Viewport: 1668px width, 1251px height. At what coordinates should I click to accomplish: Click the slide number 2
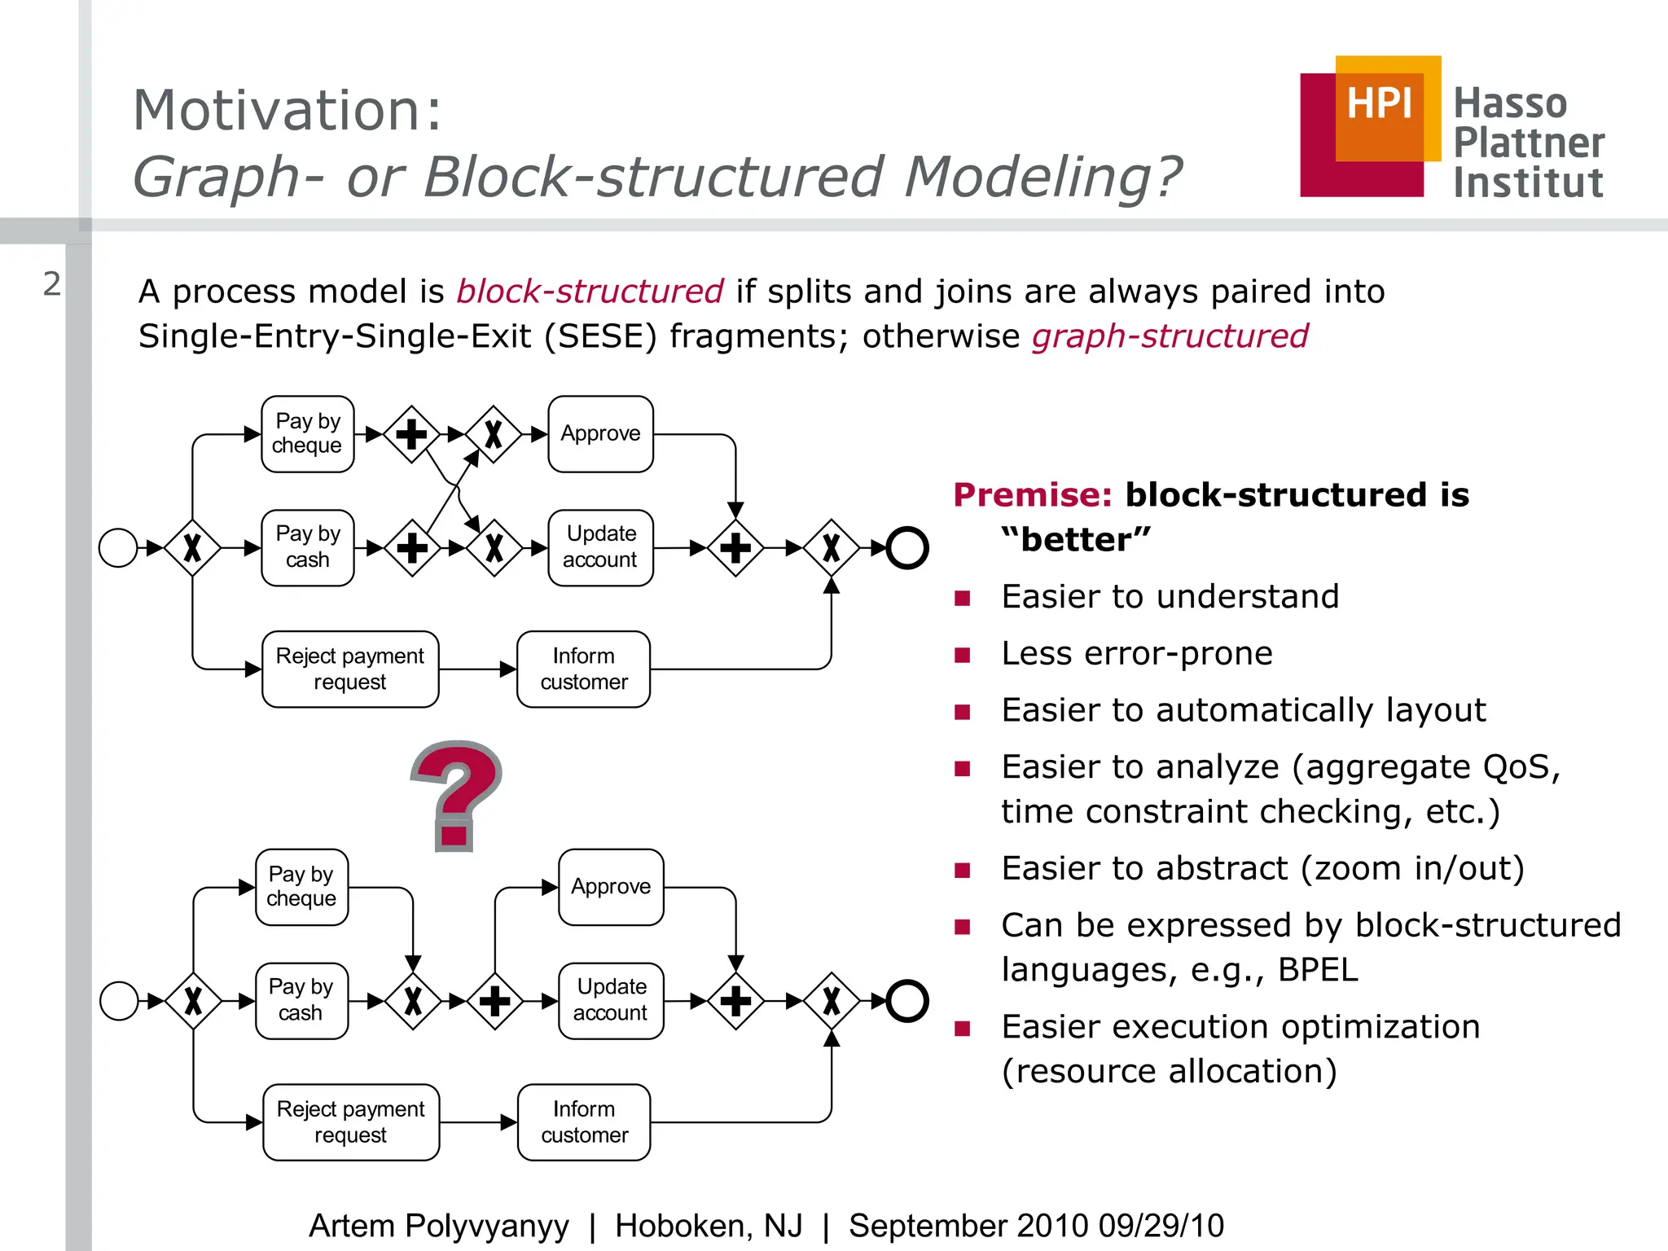(x=52, y=284)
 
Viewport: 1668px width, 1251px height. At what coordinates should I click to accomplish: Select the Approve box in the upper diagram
(x=600, y=434)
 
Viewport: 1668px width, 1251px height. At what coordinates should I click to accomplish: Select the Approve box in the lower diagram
(x=611, y=887)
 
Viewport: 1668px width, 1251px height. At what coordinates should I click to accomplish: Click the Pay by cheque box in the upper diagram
(x=307, y=434)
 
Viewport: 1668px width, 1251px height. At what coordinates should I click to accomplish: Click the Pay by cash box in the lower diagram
(x=301, y=1000)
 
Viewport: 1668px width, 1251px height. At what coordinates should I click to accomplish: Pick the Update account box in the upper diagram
(x=600, y=547)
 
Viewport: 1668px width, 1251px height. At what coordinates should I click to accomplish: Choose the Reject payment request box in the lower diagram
(x=351, y=1122)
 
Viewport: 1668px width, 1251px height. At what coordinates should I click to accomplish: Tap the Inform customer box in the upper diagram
(x=583, y=669)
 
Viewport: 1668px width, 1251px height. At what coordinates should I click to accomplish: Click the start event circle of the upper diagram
(x=118, y=547)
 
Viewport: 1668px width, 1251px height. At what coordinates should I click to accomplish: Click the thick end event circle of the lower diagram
(x=906, y=1000)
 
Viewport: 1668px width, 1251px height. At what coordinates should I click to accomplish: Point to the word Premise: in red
(x=1032, y=495)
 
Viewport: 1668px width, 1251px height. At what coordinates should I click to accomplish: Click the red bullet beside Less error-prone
(x=963, y=655)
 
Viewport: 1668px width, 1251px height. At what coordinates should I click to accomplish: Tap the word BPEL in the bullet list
(x=1318, y=970)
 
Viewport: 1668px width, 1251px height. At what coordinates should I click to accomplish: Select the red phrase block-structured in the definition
(x=590, y=292)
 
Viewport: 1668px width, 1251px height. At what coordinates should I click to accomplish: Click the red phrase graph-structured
(x=1170, y=336)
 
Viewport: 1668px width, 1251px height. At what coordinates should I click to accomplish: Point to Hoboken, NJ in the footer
(x=709, y=1226)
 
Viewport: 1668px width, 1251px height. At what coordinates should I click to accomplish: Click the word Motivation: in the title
(x=287, y=110)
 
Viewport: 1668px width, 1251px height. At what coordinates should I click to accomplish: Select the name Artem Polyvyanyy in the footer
(x=439, y=1226)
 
